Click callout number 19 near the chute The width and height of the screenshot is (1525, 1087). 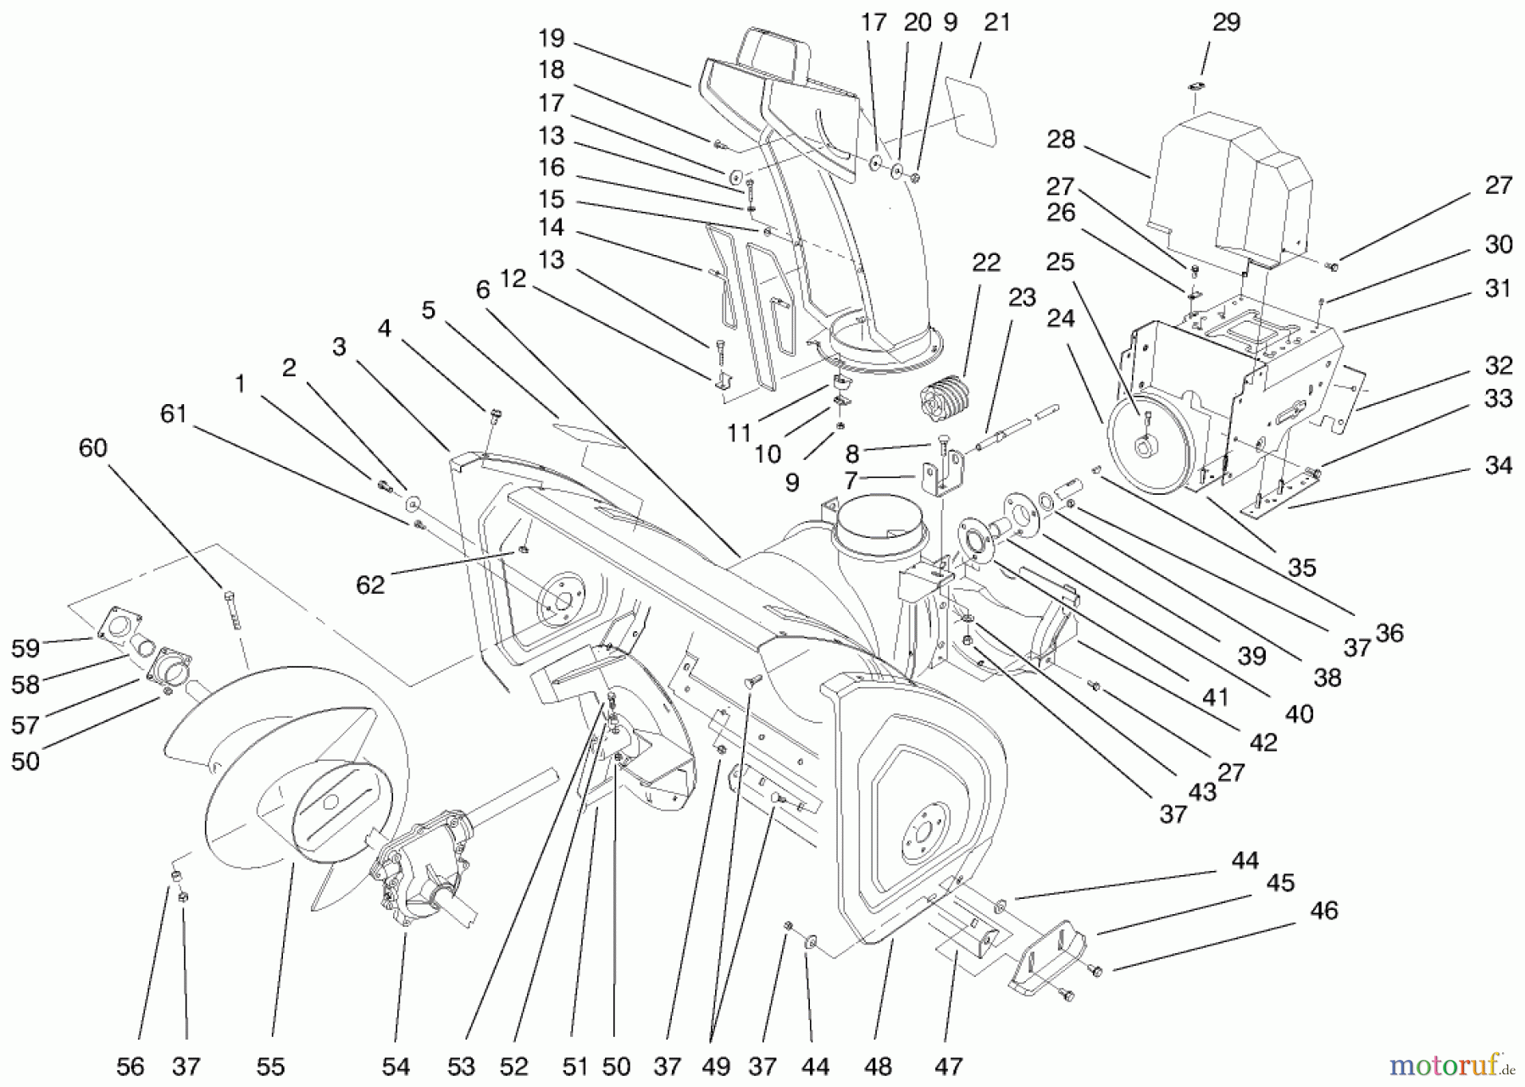(551, 38)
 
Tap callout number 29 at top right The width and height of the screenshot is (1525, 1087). (1226, 23)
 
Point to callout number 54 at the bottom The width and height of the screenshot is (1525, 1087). (396, 1066)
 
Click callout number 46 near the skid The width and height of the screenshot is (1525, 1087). (1323, 911)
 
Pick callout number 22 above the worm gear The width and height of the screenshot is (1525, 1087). (986, 263)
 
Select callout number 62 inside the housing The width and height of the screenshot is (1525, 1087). (370, 585)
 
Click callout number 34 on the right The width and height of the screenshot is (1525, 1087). (1498, 465)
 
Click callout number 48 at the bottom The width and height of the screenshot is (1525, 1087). (878, 1066)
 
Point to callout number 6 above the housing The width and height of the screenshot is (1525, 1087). (482, 290)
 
